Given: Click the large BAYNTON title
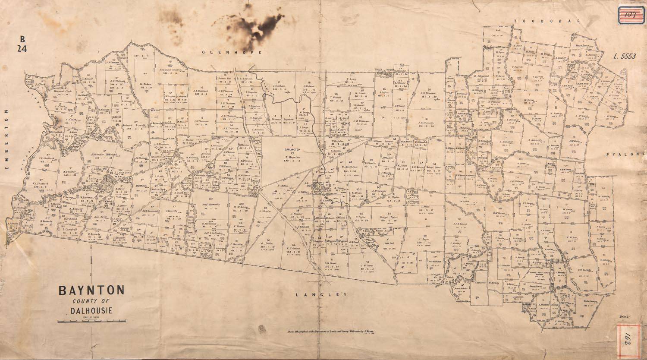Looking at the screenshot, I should pos(91,290).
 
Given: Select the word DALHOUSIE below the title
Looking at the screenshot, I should pos(91,310).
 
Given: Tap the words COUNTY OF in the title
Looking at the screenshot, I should pos(91,301).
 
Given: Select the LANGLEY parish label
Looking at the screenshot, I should pos(321,294).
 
